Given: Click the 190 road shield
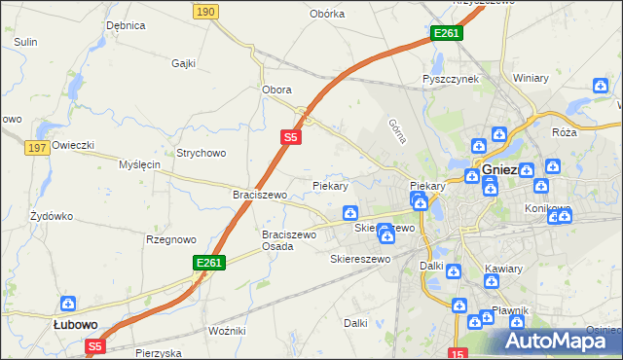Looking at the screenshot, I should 204,11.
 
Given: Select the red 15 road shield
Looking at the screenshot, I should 458,352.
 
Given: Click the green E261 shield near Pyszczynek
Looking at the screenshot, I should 447,33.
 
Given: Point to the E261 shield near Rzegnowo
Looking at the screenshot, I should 209,263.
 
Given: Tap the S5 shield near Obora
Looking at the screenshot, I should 290,138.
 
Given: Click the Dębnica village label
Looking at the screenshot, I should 126,24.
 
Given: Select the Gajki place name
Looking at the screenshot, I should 184,63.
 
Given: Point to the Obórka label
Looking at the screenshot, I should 327,14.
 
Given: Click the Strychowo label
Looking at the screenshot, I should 201,153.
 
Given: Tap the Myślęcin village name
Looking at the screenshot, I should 139,165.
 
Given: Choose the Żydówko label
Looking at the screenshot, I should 52,215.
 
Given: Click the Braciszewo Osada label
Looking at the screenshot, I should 290,240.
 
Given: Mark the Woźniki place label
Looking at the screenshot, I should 227,332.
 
